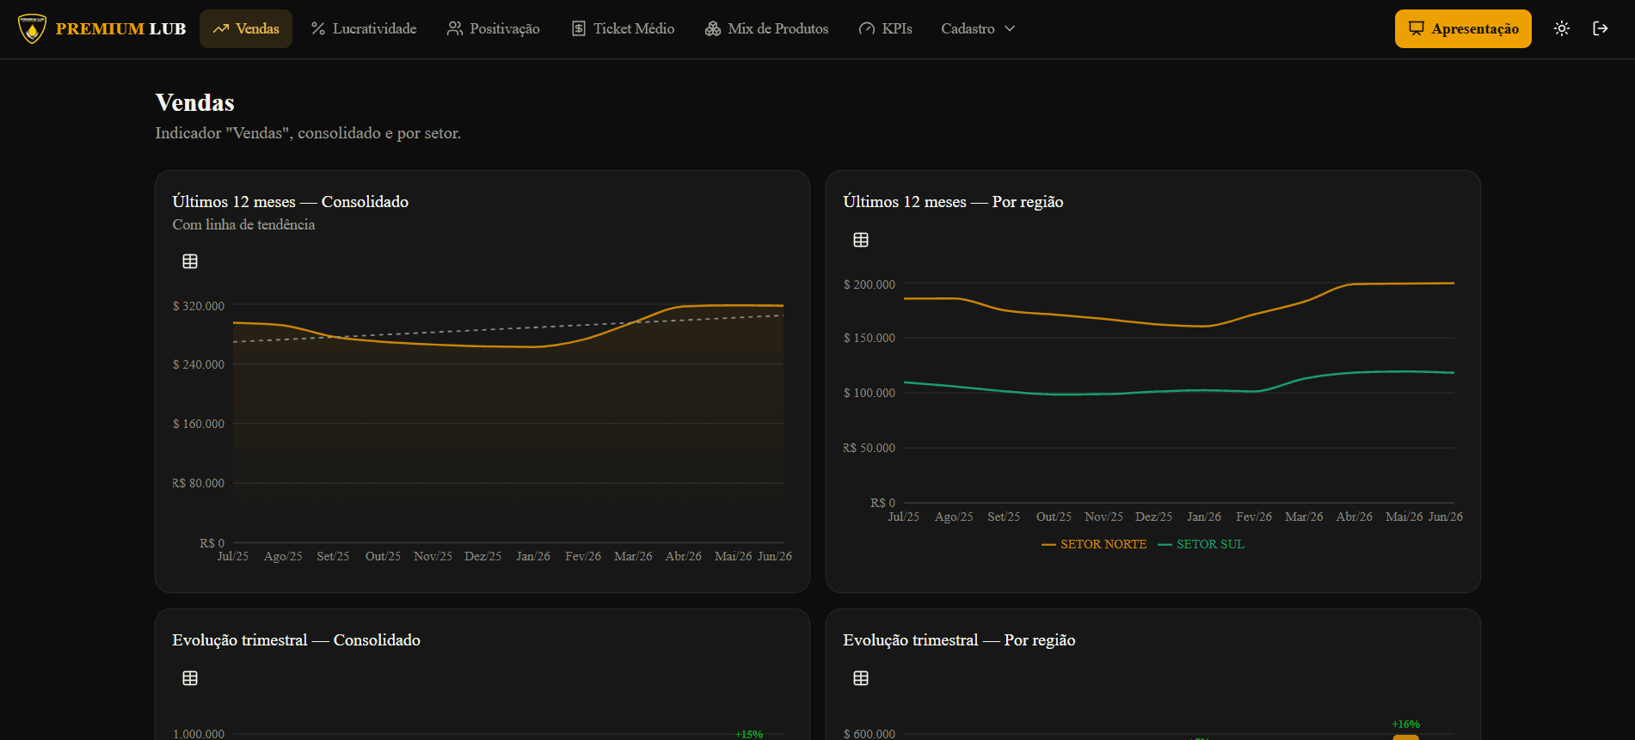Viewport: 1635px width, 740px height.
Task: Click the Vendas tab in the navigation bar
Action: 246,28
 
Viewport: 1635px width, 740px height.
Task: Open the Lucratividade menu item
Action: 364,28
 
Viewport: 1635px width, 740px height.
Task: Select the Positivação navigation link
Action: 494,28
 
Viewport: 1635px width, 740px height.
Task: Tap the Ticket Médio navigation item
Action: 624,28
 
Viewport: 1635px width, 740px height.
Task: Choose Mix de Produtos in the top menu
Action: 767,28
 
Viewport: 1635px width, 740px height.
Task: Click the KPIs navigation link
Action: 886,28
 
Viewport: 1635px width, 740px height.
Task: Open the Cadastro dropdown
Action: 978,28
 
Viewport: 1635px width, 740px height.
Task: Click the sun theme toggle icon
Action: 1562,28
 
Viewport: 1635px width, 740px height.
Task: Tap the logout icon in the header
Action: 1601,28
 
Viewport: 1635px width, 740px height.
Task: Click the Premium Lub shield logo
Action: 32,28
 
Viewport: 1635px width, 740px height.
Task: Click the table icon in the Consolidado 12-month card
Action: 190,261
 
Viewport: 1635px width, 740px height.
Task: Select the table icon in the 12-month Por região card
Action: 861,240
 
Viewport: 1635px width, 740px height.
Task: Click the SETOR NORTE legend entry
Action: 1094,544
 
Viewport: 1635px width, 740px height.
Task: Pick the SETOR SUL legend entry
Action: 1201,544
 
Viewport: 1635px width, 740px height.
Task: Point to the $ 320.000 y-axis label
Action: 199,306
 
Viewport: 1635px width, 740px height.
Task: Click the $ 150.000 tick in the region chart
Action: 870,338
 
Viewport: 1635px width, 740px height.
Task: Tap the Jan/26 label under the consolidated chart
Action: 533,556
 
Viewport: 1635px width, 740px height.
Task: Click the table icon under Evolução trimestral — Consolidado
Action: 190,678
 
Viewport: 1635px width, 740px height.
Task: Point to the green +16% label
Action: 1406,725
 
